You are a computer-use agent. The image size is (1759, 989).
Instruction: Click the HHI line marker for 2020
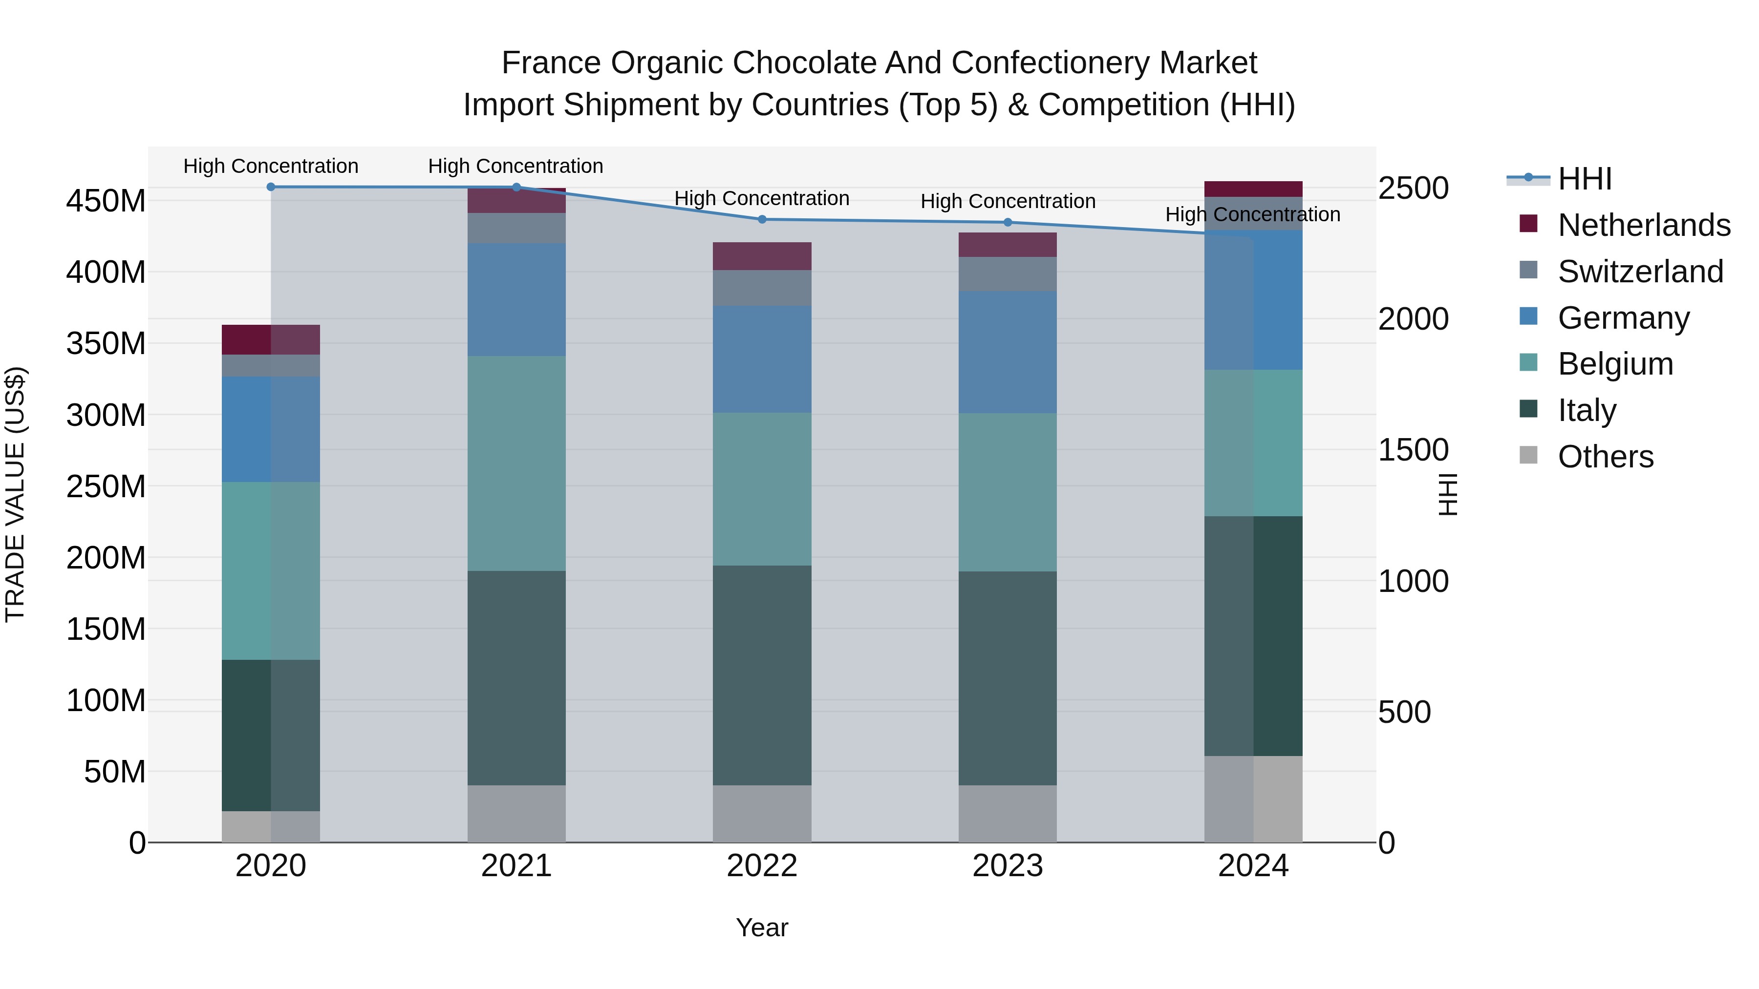point(271,187)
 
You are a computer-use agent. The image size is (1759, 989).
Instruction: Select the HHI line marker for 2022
point(762,220)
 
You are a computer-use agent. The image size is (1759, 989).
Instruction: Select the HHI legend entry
point(1584,179)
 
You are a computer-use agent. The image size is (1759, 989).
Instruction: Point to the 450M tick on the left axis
point(106,201)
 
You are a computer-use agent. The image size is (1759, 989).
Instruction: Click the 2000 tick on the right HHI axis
point(1413,319)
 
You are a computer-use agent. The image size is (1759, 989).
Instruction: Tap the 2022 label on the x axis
point(762,866)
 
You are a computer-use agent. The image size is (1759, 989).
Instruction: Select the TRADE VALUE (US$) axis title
point(15,494)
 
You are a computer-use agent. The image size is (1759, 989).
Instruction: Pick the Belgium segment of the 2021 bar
point(516,463)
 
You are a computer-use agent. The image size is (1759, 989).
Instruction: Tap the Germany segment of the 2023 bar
point(1008,352)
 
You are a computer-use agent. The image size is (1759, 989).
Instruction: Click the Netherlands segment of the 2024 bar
point(1253,189)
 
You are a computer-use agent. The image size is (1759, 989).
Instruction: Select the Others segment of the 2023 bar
point(1008,814)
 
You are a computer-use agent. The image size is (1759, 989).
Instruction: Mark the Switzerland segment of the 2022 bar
point(762,288)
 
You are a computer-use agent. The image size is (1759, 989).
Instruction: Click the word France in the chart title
point(553,63)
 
